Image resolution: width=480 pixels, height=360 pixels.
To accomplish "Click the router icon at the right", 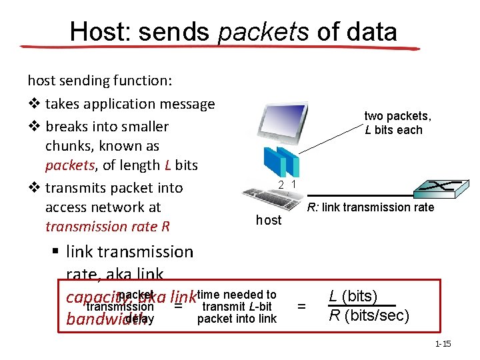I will pyautogui.click(x=440, y=191).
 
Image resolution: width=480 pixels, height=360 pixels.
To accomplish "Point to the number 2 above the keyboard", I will pyautogui.click(x=282, y=185).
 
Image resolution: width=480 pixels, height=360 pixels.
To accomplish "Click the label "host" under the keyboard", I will pyautogui.click(x=269, y=220).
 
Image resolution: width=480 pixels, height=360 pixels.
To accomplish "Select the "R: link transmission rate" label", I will pyautogui.click(x=371, y=207).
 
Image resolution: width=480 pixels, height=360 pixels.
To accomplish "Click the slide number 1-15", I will pyautogui.click(x=443, y=344).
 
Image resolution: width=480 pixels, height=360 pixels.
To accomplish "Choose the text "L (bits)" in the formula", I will pyautogui.click(x=353, y=297).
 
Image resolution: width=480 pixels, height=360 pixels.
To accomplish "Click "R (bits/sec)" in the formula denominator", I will pyautogui.click(x=369, y=315).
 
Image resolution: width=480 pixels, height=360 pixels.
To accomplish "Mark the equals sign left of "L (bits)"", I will pyautogui.click(x=301, y=307).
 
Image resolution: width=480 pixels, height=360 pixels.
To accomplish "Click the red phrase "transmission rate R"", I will pyautogui.click(x=107, y=227).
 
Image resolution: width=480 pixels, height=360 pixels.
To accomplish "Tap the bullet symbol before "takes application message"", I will pyautogui.click(x=33, y=104).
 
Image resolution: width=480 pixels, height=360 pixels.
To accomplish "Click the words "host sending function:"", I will pyautogui.click(x=99, y=81).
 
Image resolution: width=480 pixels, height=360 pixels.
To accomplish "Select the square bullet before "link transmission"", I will pyautogui.click(x=56, y=253).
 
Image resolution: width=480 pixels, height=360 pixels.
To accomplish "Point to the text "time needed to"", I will pyautogui.click(x=237, y=295).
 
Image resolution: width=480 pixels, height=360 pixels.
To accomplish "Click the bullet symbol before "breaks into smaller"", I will pyautogui.click(x=33, y=127).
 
